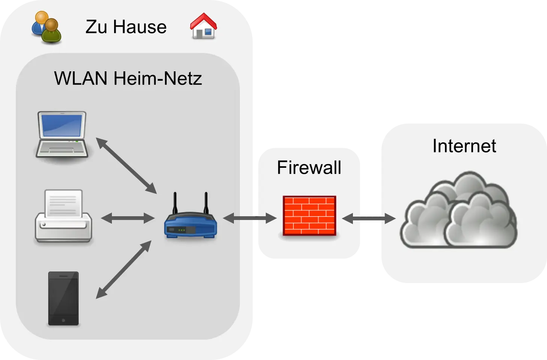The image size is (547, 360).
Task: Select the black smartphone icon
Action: (63, 298)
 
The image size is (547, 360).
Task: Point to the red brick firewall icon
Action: (309, 215)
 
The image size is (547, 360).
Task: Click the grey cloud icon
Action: (459, 212)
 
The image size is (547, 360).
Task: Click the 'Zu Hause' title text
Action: (126, 27)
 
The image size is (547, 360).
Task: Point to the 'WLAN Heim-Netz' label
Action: (128, 78)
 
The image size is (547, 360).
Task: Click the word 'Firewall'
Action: (309, 167)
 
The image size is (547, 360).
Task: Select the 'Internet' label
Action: (464, 146)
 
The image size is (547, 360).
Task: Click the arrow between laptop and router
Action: (126, 166)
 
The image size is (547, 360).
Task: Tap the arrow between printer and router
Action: (128, 218)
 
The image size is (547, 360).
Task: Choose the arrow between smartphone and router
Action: (124, 270)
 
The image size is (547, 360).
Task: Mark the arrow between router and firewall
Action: (250, 218)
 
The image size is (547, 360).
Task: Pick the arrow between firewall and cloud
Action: (369, 218)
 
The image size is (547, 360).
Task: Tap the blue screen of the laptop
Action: (62, 125)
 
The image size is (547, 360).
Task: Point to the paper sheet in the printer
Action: (63, 203)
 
